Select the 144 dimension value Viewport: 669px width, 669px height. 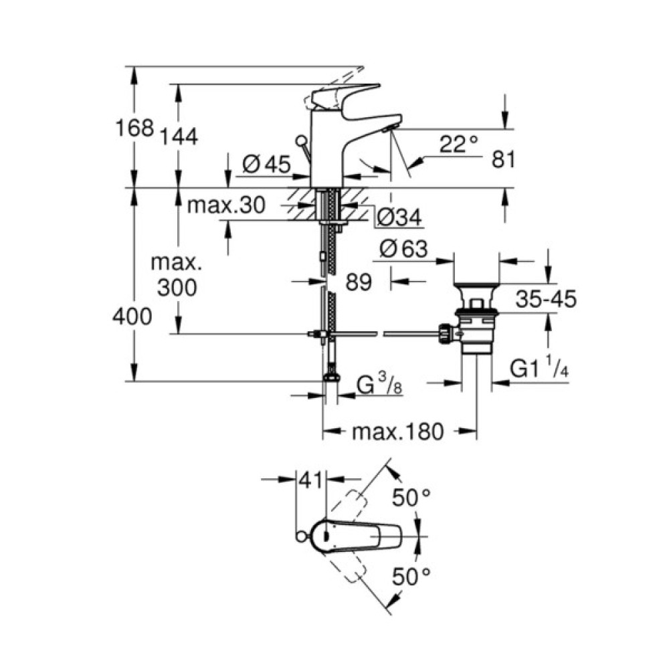click(179, 136)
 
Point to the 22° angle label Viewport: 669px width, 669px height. click(460, 143)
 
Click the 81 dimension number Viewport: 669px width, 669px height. click(503, 159)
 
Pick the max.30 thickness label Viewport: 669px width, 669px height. click(226, 204)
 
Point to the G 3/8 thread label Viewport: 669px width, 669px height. click(378, 387)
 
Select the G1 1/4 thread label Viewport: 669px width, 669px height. click(539, 369)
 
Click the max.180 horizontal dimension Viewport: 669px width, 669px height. click(398, 432)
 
